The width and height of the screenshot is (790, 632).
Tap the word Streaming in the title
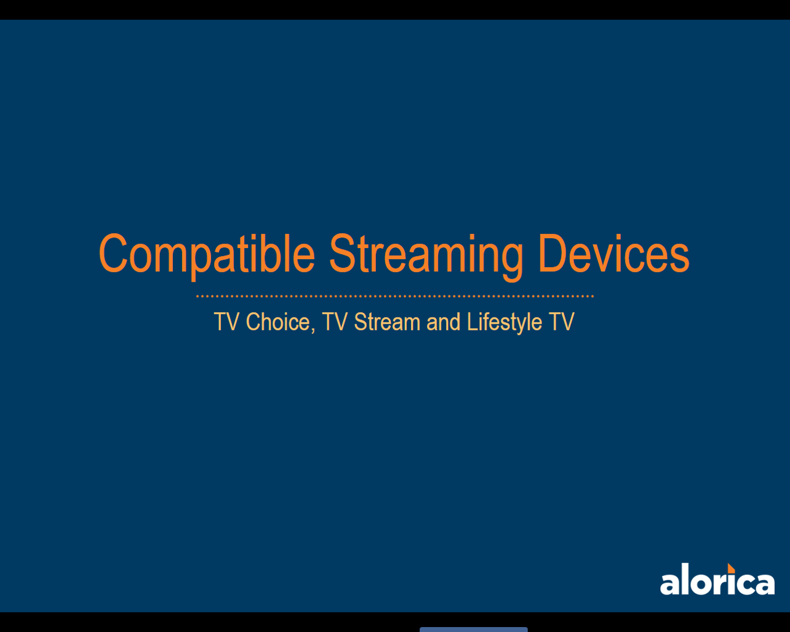(426, 257)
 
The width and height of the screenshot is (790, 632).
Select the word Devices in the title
(614, 254)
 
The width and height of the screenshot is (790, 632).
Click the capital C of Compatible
(113, 254)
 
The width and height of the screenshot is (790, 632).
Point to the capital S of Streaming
(343, 254)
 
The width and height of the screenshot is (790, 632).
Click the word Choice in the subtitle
(278, 322)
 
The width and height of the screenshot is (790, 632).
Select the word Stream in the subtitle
(387, 322)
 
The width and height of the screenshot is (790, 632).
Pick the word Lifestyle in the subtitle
(505, 323)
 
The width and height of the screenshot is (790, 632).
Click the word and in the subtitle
(443, 322)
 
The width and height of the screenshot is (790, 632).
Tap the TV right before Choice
(226, 322)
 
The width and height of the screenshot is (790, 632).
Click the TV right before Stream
(335, 322)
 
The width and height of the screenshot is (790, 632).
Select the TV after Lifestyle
(561, 322)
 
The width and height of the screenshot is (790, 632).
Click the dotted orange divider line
(395, 296)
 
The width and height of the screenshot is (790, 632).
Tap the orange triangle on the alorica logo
(731, 569)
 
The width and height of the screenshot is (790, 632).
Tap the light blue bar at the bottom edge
(474, 630)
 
